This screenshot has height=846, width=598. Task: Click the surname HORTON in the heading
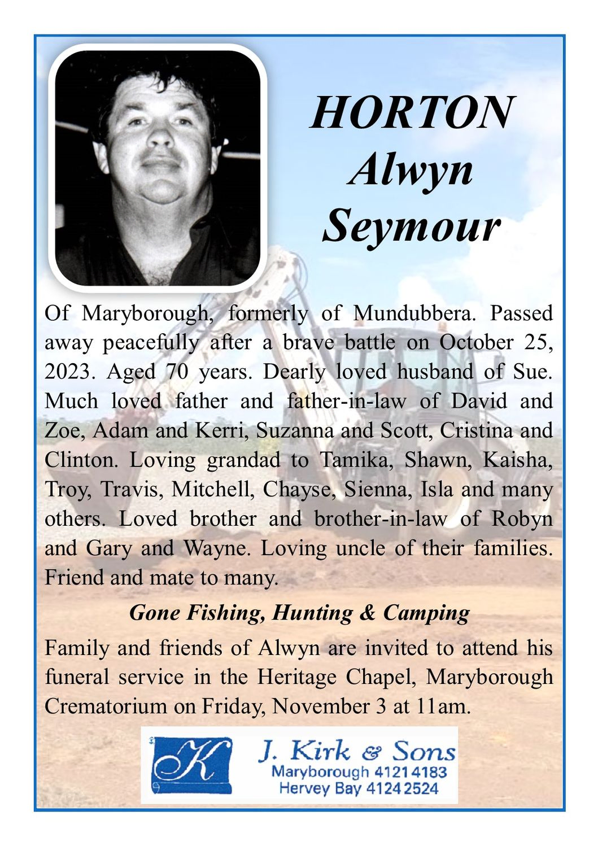tap(412, 112)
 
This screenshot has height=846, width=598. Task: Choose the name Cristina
tap(475, 431)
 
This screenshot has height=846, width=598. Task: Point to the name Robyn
tap(522, 519)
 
